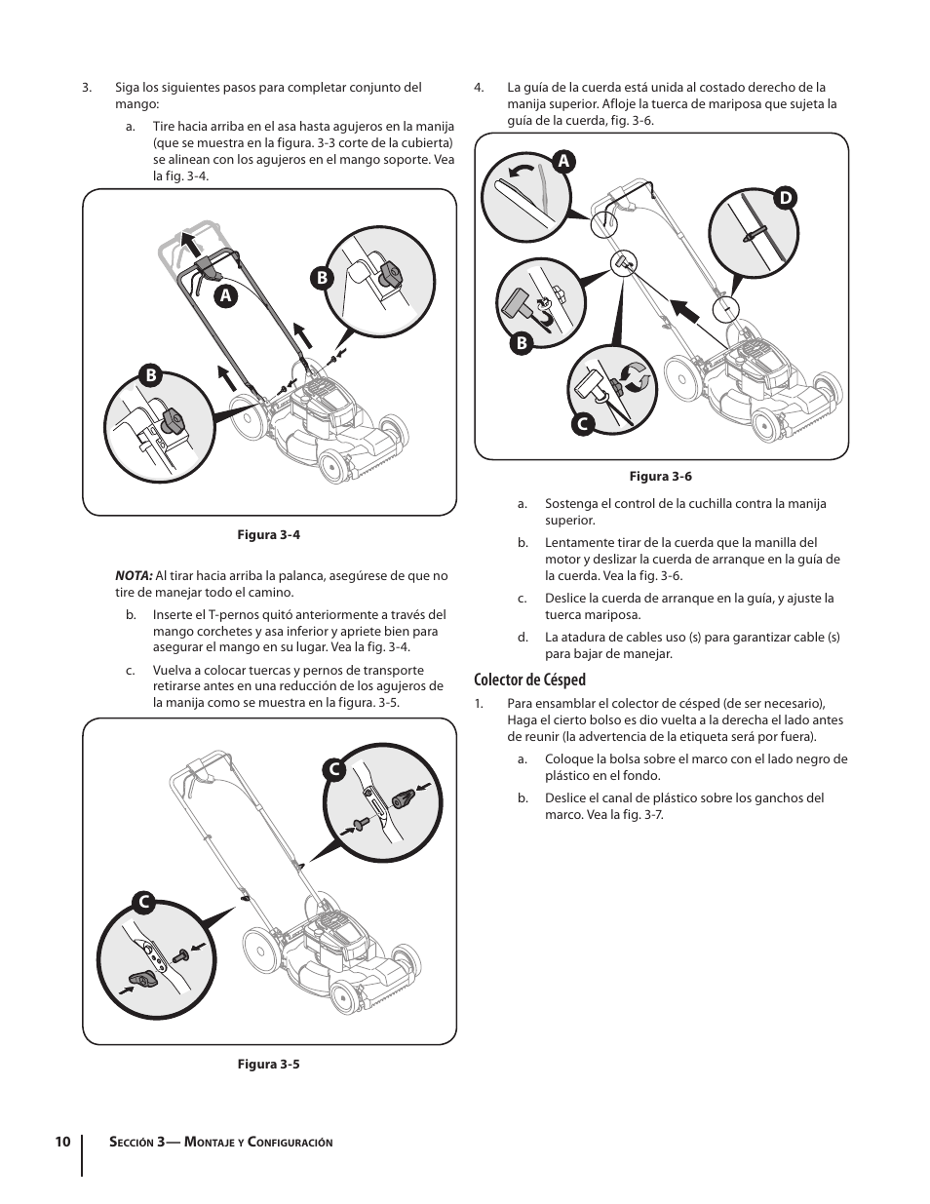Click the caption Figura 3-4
269,535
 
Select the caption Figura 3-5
269,1064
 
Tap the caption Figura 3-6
661,477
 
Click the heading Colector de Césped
530,680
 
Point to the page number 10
62,1142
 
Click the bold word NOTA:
134,576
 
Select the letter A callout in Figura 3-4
225,293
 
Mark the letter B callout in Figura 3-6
522,342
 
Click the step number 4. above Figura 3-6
479,88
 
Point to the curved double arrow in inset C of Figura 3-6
634,376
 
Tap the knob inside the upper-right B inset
393,274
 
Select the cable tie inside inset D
754,235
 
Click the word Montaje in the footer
215,1142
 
